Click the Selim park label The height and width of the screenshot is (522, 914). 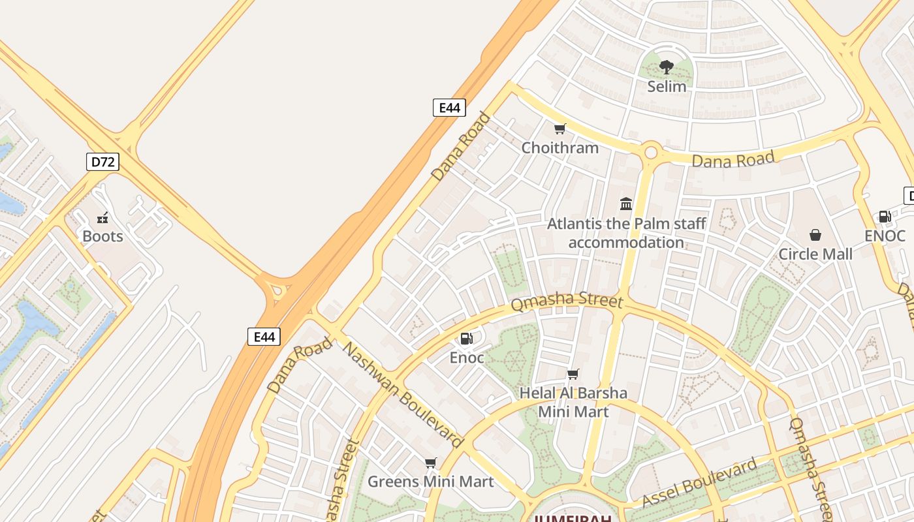(x=667, y=86)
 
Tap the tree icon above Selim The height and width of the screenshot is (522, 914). (x=667, y=66)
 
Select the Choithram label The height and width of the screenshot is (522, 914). (x=559, y=147)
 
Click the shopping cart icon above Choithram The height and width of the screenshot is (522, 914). (x=559, y=129)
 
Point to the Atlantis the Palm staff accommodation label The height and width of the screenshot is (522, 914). (x=626, y=233)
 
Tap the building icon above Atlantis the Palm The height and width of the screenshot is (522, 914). (x=626, y=204)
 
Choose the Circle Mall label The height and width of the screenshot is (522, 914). (x=815, y=254)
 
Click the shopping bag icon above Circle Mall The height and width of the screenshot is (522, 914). (x=815, y=235)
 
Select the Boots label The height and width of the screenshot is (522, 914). (x=102, y=236)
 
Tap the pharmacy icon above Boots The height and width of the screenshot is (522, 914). (x=102, y=217)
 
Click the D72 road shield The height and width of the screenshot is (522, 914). (x=102, y=162)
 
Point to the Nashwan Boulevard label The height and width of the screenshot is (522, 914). (x=402, y=395)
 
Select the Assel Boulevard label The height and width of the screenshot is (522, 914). (x=700, y=483)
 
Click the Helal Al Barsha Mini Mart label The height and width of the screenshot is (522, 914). (x=573, y=402)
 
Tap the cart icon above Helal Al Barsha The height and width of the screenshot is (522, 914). (x=573, y=374)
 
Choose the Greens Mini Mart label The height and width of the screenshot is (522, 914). (x=430, y=482)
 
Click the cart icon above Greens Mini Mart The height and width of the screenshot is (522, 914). (x=430, y=463)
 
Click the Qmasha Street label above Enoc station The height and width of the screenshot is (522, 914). (x=567, y=301)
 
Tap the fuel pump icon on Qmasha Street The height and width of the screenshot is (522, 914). (x=466, y=338)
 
